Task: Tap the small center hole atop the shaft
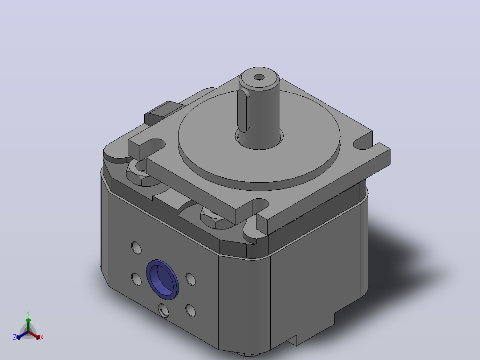click(259, 77)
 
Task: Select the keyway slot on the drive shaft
click(244, 111)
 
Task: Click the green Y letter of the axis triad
click(28, 314)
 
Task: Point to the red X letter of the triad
click(42, 337)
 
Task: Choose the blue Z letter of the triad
click(15, 337)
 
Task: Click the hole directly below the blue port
click(163, 311)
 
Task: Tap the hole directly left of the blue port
click(137, 279)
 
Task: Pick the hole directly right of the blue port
click(191, 279)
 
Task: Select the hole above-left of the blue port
click(137, 248)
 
